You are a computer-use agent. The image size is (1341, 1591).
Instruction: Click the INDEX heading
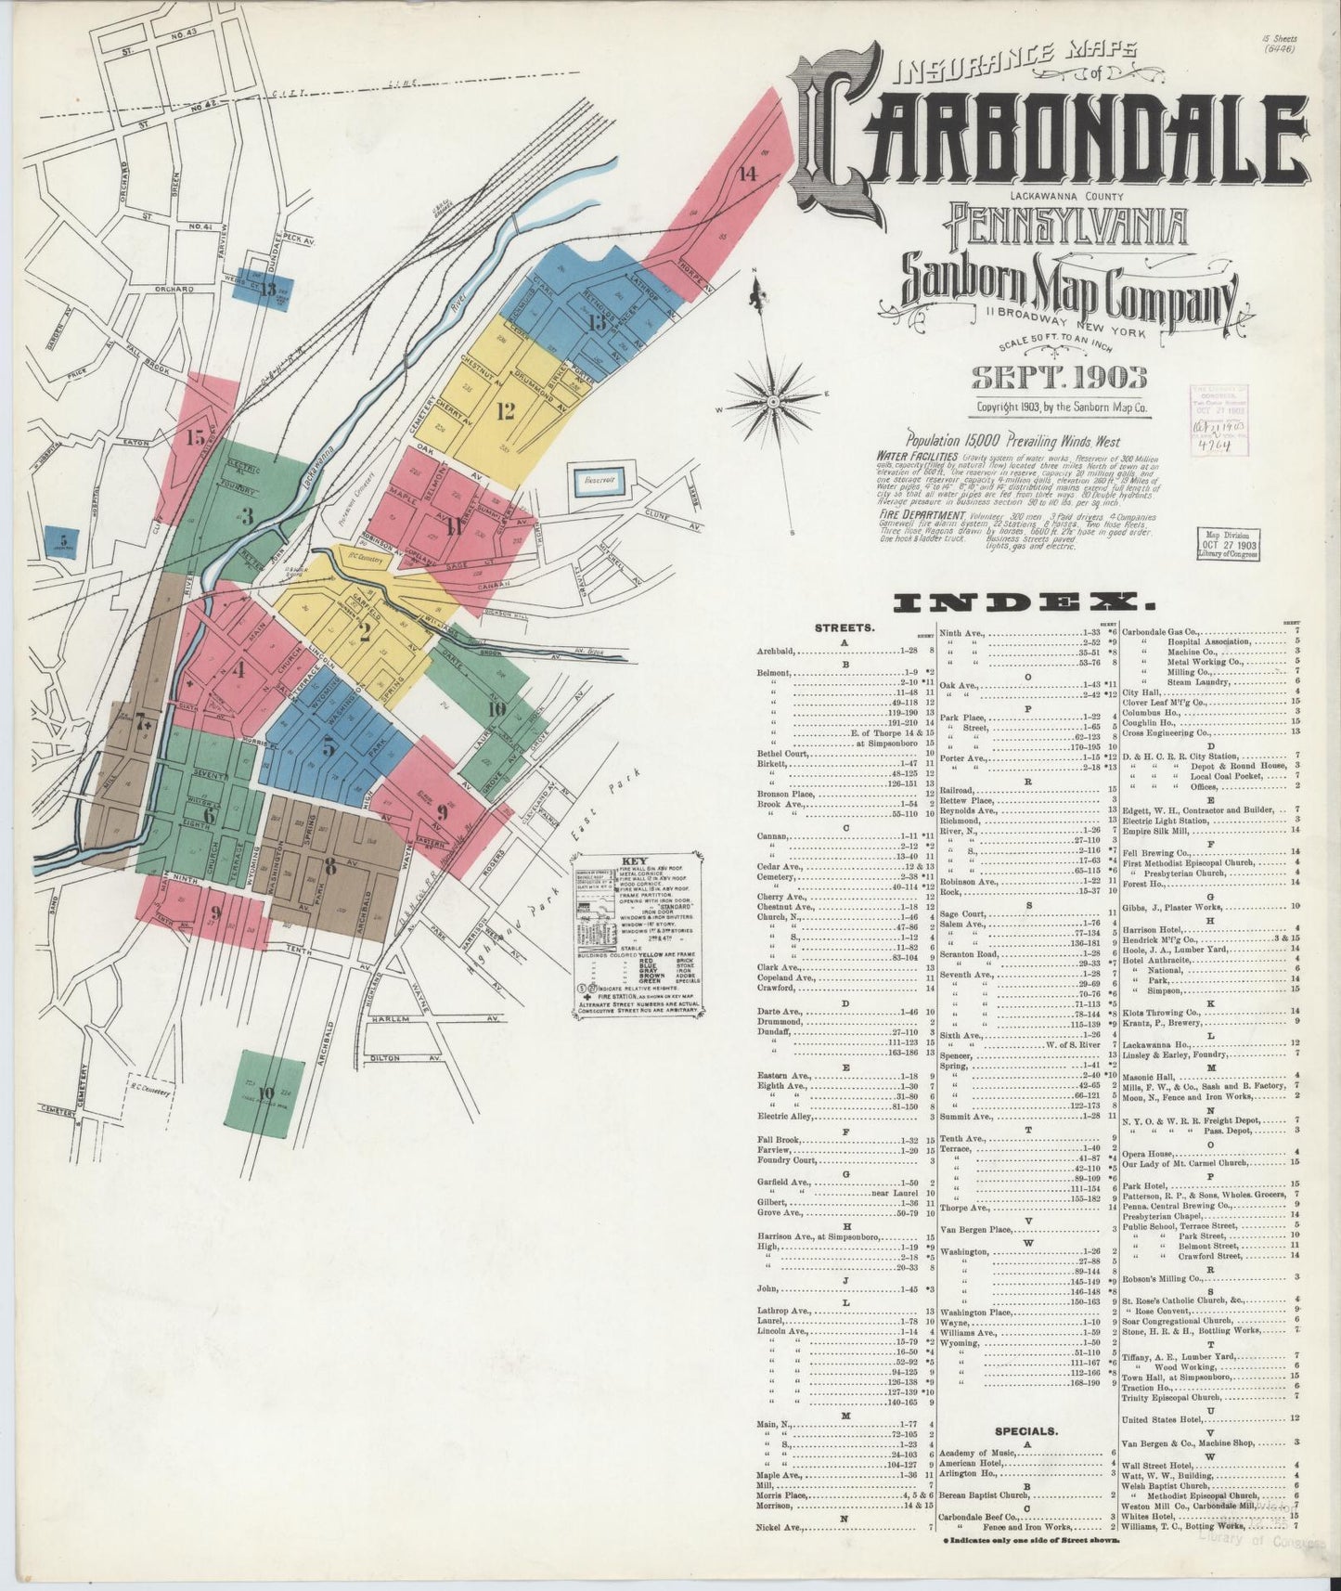[1023, 604]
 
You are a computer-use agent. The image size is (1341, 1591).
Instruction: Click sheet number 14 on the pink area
[748, 174]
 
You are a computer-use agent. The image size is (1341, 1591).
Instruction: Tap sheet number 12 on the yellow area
[505, 407]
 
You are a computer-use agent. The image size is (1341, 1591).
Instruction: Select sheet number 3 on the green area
[246, 518]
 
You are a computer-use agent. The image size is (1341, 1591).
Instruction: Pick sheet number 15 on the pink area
[195, 438]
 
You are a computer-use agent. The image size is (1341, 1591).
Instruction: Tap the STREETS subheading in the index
[845, 627]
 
